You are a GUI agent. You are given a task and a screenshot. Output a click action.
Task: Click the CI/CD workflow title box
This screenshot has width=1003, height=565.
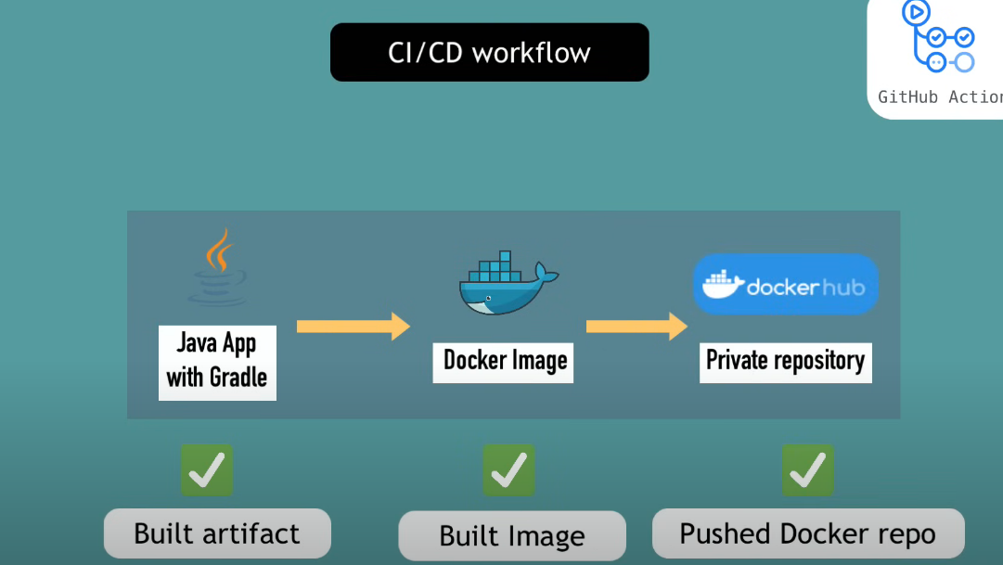click(x=489, y=52)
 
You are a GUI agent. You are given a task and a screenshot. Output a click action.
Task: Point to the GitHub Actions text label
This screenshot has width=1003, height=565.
click(x=940, y=96)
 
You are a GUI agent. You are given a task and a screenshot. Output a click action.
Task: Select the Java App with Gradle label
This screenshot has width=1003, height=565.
click(x=217, y=361)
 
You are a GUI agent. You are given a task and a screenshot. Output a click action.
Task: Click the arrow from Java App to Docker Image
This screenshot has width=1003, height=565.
click(x=354, y=326)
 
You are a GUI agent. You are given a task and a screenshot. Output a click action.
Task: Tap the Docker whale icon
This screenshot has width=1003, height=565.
click(x=507, y=282)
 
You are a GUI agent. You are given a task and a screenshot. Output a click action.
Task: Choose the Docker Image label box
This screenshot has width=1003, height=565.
click(x=504, y=361)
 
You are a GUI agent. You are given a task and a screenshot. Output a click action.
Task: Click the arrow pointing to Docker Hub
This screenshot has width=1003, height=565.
click(x=637, y=326)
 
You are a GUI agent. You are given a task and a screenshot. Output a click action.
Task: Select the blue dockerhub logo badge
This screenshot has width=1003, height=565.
click(x=786, y=285)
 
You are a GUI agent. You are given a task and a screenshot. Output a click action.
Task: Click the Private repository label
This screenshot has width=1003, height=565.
click(x=785, y=360)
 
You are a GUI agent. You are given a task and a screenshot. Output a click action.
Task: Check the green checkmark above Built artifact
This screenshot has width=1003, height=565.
click(x=206, y=470)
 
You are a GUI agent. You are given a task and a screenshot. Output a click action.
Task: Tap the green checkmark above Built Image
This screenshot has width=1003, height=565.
click(x=508, y=470)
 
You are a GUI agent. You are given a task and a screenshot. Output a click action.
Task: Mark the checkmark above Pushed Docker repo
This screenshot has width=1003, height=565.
click(x=807, y=470)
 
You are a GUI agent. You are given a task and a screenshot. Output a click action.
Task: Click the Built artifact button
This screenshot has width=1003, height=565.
click(x=217, y=533)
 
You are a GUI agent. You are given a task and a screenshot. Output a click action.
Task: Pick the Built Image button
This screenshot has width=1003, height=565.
click(x=512, y=536)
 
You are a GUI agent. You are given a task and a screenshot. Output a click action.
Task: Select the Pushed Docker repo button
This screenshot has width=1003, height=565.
click(x=808, y=533)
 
